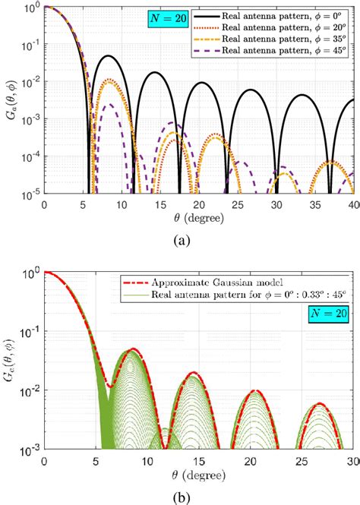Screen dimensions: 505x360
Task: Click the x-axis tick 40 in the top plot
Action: click(352, 206)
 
